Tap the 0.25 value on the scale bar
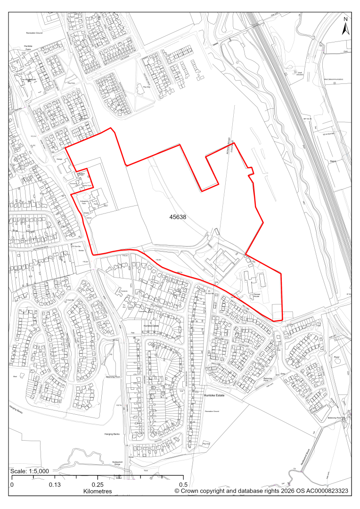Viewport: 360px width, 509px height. (98, 484)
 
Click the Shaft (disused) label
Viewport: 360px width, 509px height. (298, 74)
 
